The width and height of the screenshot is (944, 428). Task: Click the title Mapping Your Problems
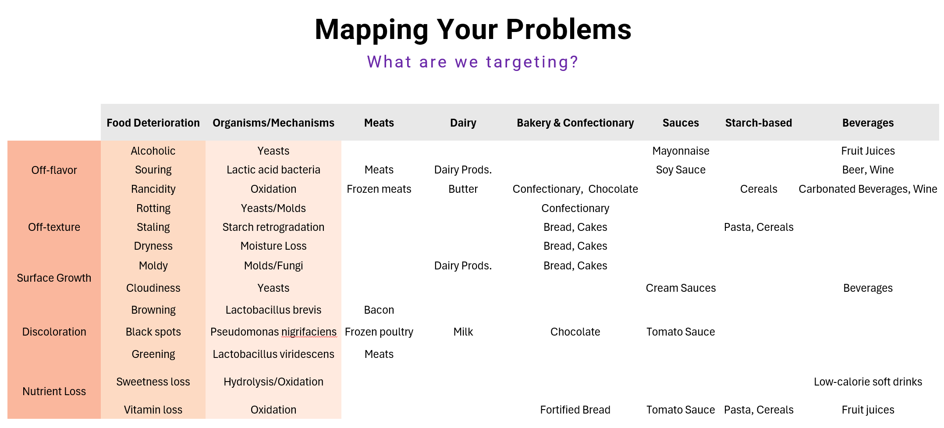coord(473,30)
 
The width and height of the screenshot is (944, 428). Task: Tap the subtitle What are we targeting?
coord(473,62)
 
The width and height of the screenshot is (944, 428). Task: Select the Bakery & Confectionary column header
coord(575,123)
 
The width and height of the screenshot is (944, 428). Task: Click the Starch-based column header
coord(758,123)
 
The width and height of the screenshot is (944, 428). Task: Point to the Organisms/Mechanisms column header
coord(273,123)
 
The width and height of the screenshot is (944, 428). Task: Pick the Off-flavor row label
coord(54,170)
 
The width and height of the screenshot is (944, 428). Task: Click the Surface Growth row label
coord(54,278)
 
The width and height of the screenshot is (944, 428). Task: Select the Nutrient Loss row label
coord(54,391)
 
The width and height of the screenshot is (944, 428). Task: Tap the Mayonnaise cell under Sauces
coord(681,151)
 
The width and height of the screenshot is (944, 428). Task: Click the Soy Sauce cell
coord(681,170)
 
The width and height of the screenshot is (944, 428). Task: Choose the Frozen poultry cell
coord(379,332)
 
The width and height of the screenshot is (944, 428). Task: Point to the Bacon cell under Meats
coord(379,310)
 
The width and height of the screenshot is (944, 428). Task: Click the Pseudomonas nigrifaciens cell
coord(273,332)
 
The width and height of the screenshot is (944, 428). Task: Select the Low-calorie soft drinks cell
coord(868,382)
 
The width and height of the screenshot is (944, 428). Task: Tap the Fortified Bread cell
coord(575,410)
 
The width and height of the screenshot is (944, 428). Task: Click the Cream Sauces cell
coord(681,288)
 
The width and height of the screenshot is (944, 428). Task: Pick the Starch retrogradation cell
coord(273,227)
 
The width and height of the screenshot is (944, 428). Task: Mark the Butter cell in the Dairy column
coord(463,189)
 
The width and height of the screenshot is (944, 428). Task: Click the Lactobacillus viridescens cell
coord(273,354)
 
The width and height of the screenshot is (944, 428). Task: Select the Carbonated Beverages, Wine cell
coord(868,189)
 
